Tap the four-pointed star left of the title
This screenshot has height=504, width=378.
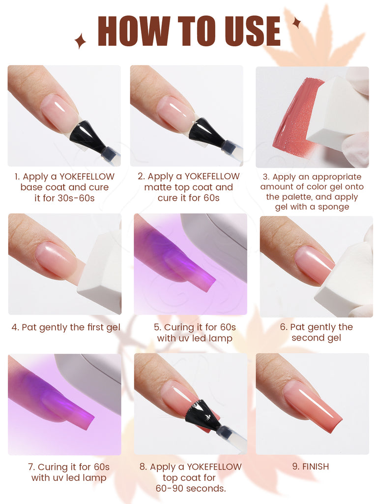pyautogui.click(x=80, y=41)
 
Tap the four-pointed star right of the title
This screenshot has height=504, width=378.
pyautogui.click(x=296, y=23)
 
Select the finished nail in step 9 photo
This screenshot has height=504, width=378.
pyautogui.click(x=313, y=405)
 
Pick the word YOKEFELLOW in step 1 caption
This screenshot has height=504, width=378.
pyautogui.click(x=87, y=177)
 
